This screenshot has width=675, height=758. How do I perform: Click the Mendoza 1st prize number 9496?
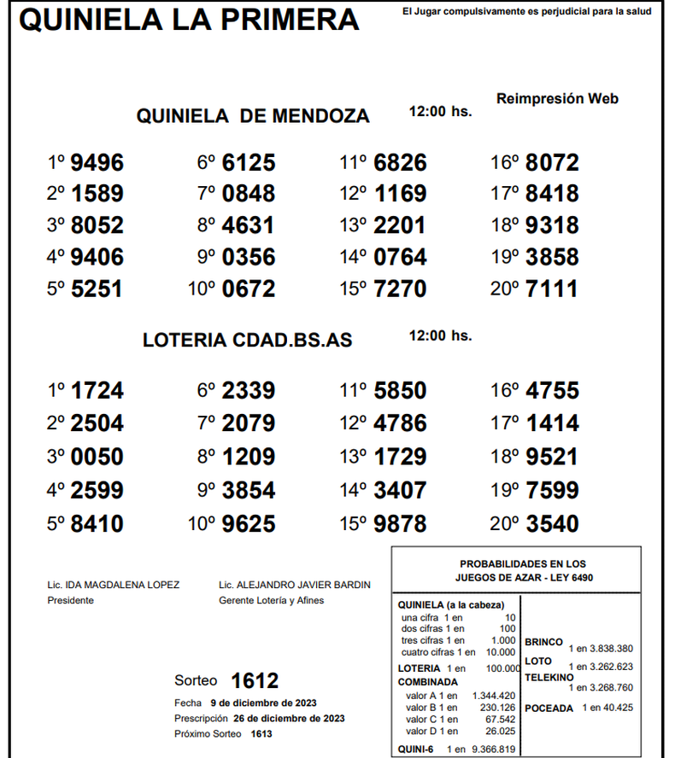coord(97,162)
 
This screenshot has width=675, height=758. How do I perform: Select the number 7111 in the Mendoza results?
coord(552,289)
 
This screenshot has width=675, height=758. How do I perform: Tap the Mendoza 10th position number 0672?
coord(249,289)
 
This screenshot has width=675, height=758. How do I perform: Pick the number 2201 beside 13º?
coord(400,225)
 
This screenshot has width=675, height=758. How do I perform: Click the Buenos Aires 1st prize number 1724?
coord(97,391)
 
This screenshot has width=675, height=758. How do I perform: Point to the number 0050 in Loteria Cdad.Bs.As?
coord(97,457)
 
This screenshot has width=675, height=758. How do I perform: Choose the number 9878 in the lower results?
coord(400,523)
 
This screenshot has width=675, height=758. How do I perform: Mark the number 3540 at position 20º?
coord(552,523)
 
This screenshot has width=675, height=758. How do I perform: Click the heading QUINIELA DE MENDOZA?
coord(253,116)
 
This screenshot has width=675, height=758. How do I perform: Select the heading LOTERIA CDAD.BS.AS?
coord(247,340)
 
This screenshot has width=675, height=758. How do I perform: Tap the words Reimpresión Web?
coord(557,99)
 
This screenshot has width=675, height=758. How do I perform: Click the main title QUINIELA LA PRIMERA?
coord(189,20)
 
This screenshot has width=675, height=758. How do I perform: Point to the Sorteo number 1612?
coord(255,680)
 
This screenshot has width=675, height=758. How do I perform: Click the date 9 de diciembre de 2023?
coord(263,703)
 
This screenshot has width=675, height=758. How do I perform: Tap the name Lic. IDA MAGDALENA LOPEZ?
coord(114,585)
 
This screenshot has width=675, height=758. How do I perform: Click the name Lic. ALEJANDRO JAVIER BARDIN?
coord(295,585)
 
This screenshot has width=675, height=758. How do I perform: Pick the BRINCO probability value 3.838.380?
coord(610,648)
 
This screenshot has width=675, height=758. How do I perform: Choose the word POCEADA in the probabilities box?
coord(549,708)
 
